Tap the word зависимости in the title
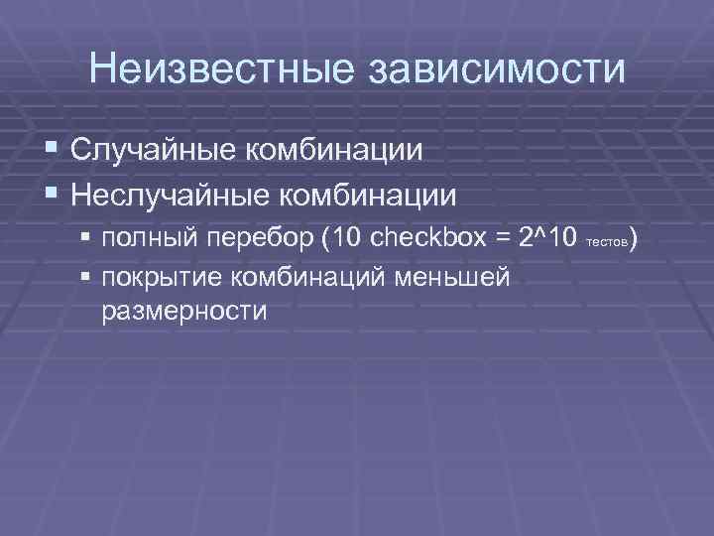(x=498, y=70)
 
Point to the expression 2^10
(x=548, y=239)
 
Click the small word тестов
(x=606, y=243)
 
